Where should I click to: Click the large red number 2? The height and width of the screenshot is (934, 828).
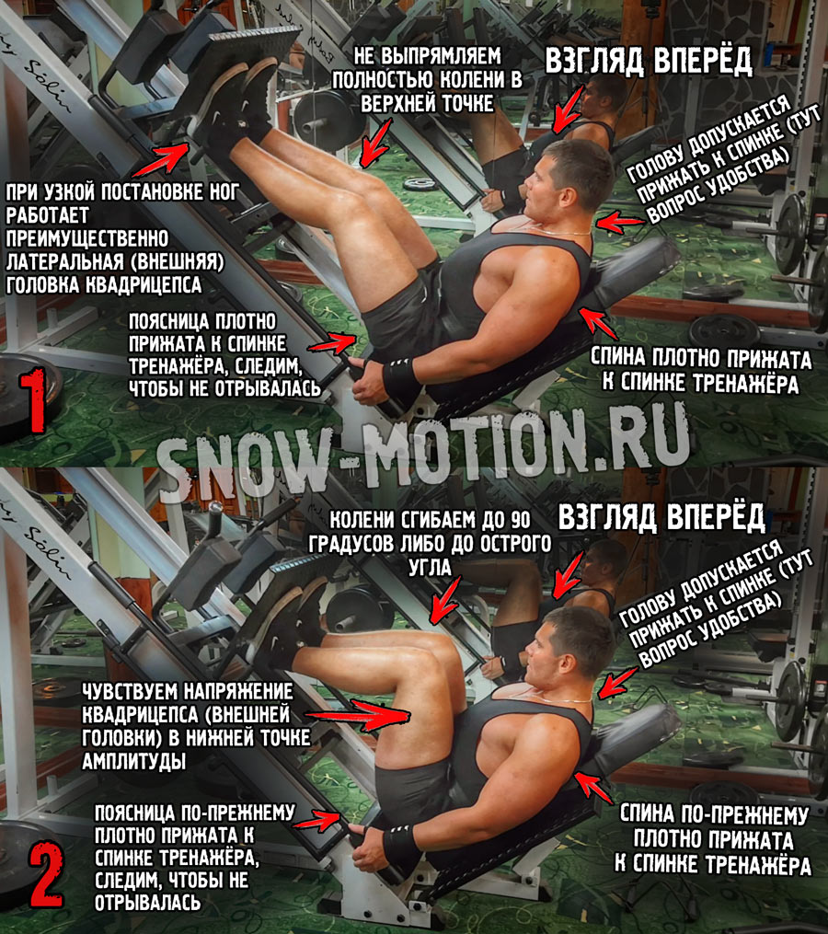[45, 874]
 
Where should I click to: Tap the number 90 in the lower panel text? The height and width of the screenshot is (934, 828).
[520, 519]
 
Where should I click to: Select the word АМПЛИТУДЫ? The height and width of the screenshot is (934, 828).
[133, 761]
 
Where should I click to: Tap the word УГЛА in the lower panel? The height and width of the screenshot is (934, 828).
[430, 567]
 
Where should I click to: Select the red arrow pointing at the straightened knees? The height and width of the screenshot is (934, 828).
[375, 143]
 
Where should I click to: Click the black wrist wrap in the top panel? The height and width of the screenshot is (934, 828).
[401, 379]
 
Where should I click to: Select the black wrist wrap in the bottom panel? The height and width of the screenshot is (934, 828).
[401, 845]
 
